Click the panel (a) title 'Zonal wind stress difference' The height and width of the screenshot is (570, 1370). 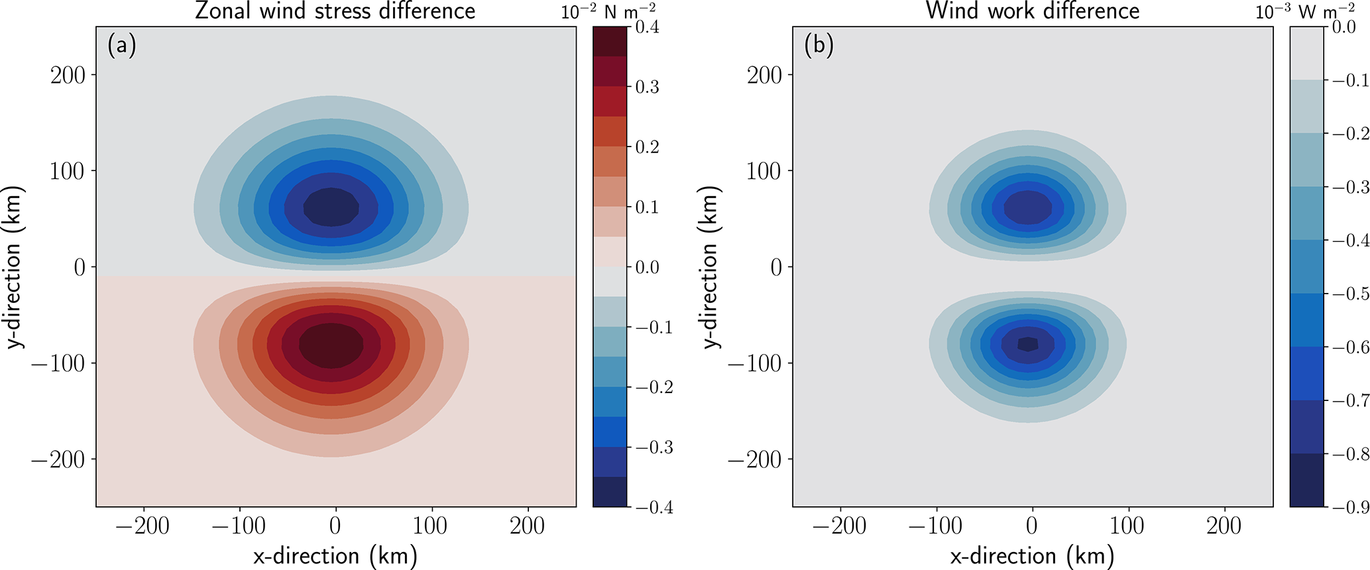[x=335, y=11]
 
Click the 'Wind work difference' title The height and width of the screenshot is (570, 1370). [x=1033, y=11]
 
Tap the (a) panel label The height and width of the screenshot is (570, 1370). [x=121, y=46]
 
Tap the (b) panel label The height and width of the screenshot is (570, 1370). [x=819, y=46]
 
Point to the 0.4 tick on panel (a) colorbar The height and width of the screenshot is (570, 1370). [x=647, y=27]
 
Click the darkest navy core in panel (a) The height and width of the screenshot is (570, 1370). [x=331, y=207]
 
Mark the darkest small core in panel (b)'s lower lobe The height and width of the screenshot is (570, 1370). [x=1028, y=344]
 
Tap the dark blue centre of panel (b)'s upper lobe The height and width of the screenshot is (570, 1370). [x=1028, y=208]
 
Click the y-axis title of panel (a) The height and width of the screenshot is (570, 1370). [x=13, y=267]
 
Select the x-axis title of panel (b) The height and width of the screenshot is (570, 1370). [x=1032, y=555]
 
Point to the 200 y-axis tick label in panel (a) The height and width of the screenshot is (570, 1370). [x=68, y=75]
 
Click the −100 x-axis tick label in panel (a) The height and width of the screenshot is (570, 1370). [x=238, y=526]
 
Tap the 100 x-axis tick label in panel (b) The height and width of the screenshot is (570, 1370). [x=1127, y=526]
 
